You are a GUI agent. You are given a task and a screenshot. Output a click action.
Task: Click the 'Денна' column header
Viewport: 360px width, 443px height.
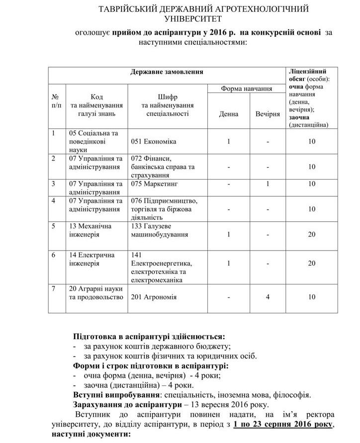tap(228, 114)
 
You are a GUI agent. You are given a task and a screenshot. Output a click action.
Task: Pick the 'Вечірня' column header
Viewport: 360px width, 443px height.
tap(268, 114)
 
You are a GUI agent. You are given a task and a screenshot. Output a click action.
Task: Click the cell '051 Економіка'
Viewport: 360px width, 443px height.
tap(154, 142)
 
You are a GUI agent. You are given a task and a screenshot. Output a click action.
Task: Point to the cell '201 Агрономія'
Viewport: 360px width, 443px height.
tap(154, 297)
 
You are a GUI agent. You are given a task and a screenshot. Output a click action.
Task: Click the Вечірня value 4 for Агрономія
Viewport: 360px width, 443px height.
tap(268, 297)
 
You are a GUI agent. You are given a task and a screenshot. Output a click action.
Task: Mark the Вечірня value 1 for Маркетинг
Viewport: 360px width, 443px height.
tap(268, 184)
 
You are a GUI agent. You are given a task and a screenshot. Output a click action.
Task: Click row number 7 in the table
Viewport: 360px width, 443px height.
tap(54, 288)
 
